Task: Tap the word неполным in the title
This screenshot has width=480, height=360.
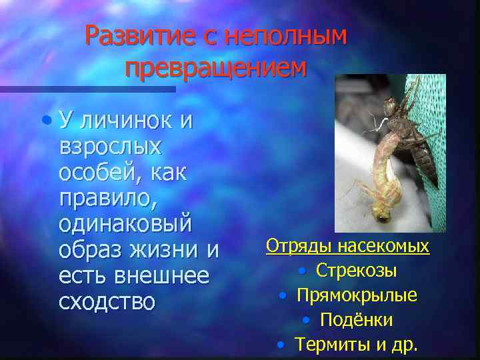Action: click(287, 37)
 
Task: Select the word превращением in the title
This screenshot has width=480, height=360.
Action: click(216, 68)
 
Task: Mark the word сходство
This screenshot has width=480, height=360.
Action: click(107, 301)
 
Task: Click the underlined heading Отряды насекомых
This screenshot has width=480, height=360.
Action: click(347, 247)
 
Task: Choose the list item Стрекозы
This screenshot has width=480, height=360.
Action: click(357, 271)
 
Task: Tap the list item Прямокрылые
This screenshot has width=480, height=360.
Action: click(357, 295)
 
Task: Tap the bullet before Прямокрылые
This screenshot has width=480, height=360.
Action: click(283, 295)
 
